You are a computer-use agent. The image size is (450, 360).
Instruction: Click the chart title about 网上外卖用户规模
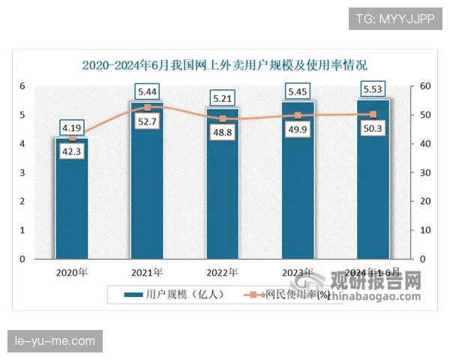[225, 65]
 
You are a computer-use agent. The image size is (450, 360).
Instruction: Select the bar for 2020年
[72, 202]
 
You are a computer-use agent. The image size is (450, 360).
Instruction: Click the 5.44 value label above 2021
[148, 92]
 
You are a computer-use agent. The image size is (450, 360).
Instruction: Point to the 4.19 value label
[72, 127]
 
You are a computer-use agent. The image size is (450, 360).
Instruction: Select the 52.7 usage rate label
[148, 121]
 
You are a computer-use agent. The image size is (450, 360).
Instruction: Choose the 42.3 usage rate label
[72, 153]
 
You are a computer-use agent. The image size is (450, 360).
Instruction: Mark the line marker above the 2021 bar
[148, 108]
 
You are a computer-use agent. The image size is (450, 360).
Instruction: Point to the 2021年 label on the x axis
[148, 273]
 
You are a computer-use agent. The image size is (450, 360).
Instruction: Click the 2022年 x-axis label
[223, 273]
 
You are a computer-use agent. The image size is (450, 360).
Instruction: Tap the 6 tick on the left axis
[22, 86]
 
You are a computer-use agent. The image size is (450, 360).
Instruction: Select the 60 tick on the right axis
[424, 86]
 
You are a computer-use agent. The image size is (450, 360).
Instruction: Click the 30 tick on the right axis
[424, 172]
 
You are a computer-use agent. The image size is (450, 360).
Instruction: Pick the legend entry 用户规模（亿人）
[172, 295]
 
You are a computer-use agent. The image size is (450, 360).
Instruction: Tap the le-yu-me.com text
[56, 342]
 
